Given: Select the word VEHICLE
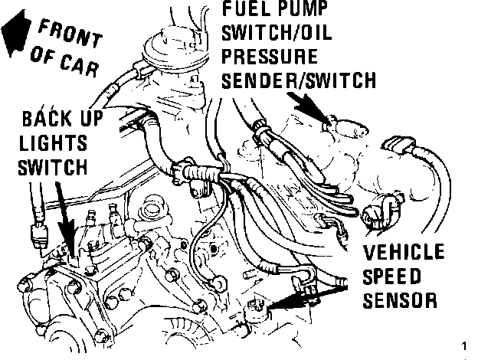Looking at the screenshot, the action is coord(403,253).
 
